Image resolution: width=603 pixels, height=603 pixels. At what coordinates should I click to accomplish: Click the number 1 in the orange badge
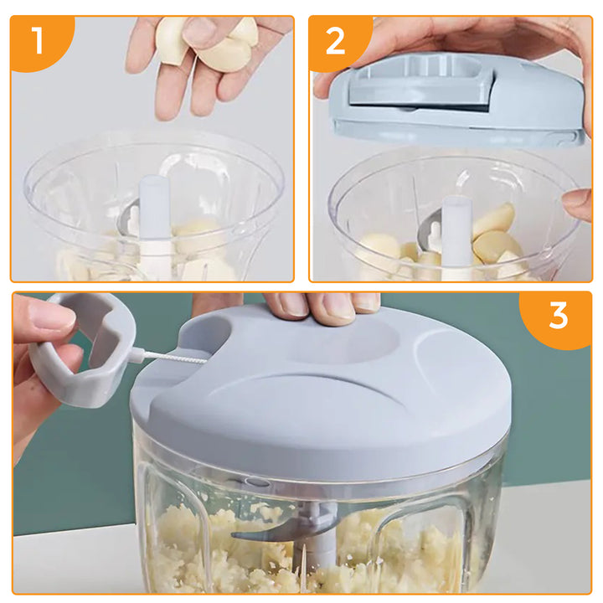(38, 41)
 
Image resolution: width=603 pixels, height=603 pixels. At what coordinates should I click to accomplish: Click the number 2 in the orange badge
(335, 41)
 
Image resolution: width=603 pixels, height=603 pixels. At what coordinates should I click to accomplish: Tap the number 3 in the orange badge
(558, 317)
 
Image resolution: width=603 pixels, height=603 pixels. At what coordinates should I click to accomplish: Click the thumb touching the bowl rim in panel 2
(578, 204)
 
